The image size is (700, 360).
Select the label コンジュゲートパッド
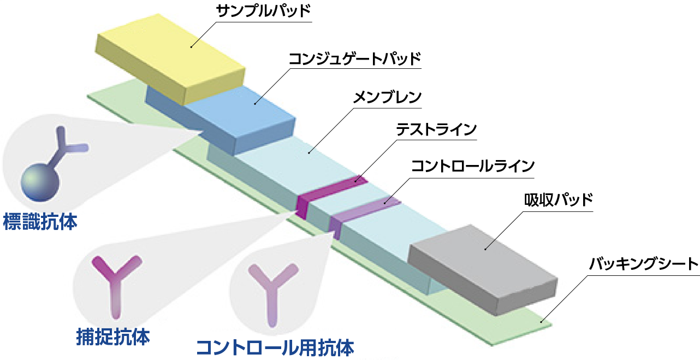tap(354, 58)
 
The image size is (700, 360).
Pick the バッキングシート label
tap(644, 265)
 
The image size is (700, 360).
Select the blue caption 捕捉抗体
tap(113, 337)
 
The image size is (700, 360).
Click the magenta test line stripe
tap(330, 191)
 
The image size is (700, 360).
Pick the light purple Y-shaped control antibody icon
tap(272, 290)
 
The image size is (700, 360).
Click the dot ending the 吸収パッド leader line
tap(485, 249)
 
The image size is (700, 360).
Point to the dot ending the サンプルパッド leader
tap(191, 47)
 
